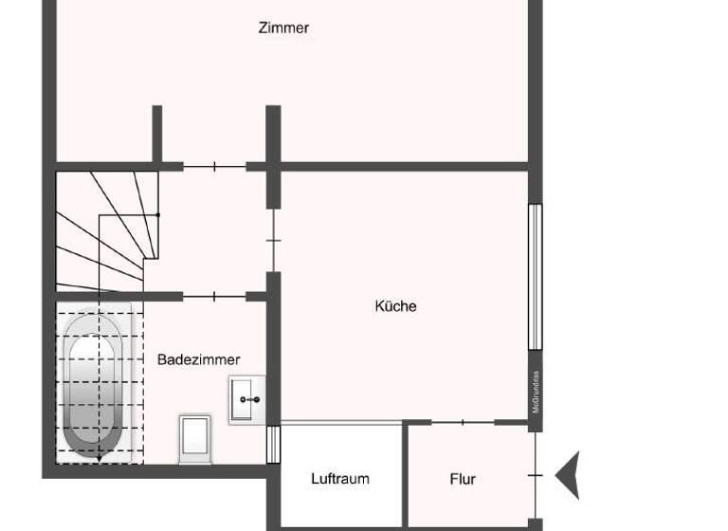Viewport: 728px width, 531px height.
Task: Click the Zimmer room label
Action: [283, 27]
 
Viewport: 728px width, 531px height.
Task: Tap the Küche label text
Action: [395, 306]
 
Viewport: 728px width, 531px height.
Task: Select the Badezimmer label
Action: [198, 359]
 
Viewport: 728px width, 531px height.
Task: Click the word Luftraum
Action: [340, 479]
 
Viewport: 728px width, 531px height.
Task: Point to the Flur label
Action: [463, 479]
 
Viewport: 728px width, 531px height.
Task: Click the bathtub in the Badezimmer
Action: [94, 384]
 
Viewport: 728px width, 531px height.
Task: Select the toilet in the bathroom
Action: [194, 438]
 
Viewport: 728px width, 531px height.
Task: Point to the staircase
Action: [104, 230]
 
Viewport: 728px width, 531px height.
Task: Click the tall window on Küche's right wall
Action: [535, 276]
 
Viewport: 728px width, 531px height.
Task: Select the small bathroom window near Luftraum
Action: [273, 445]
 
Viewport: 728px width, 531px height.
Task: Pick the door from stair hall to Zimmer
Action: [214, 167]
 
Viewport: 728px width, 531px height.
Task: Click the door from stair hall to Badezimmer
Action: [214, 297]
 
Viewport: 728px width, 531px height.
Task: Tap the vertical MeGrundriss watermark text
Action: [536, 391]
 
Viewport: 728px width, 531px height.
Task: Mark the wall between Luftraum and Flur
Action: [405, 474]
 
